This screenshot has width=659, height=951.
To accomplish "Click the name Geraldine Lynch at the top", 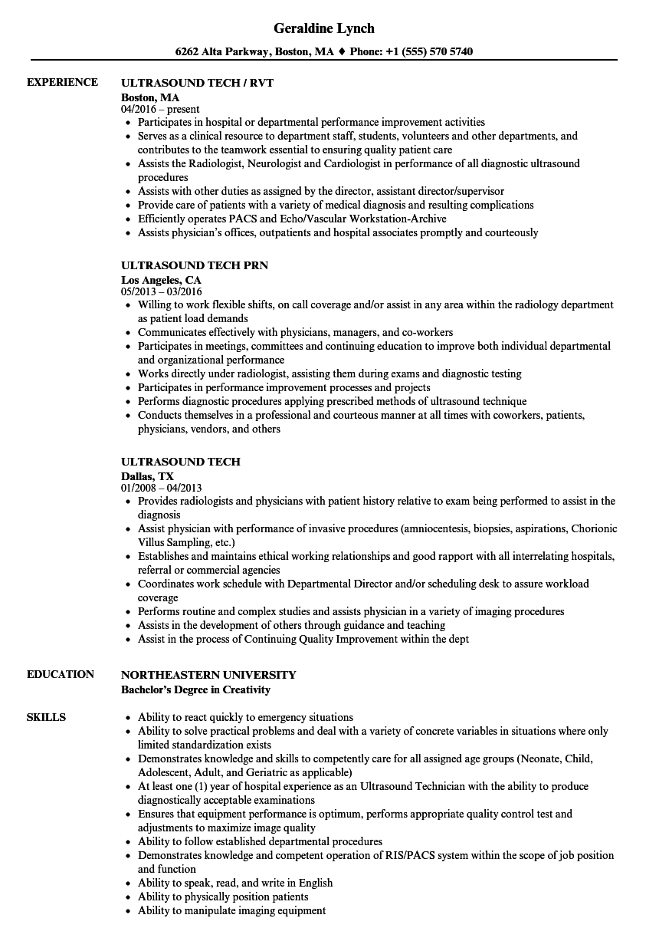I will (323, 28).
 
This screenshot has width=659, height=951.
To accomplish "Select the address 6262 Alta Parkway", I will (223, 52).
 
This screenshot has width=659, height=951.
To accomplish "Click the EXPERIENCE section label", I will (62, 83).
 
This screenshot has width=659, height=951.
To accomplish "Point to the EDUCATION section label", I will (60, 675).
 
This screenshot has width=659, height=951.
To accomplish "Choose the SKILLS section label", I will (46, 717).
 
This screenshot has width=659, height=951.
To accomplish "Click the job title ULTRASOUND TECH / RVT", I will (197, 83).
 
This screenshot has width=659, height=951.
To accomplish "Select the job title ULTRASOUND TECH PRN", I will (195, 265).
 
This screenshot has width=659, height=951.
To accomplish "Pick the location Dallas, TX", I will (147, 476).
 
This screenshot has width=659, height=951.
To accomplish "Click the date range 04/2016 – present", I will (160, 110).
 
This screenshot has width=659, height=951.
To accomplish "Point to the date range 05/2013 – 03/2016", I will (162, 292).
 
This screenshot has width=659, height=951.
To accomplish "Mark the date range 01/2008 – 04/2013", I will (162, 488).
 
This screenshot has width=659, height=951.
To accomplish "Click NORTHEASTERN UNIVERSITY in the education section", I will (208, 675).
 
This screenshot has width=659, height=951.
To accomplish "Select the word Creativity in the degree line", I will (244, 689).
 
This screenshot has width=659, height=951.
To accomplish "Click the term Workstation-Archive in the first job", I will (403, 219).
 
